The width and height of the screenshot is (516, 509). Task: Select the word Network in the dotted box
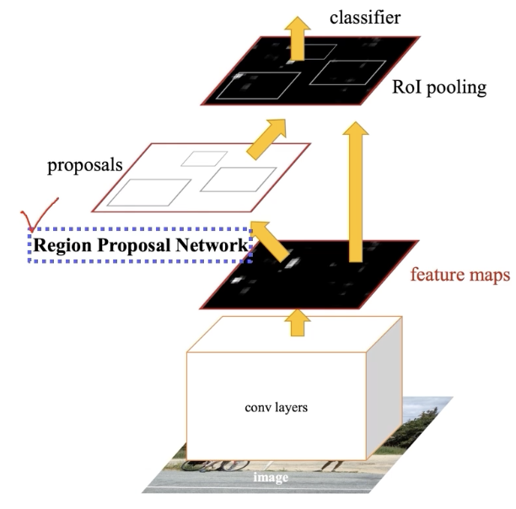(211, 245)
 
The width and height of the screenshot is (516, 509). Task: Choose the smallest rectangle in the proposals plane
(204, 158)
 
